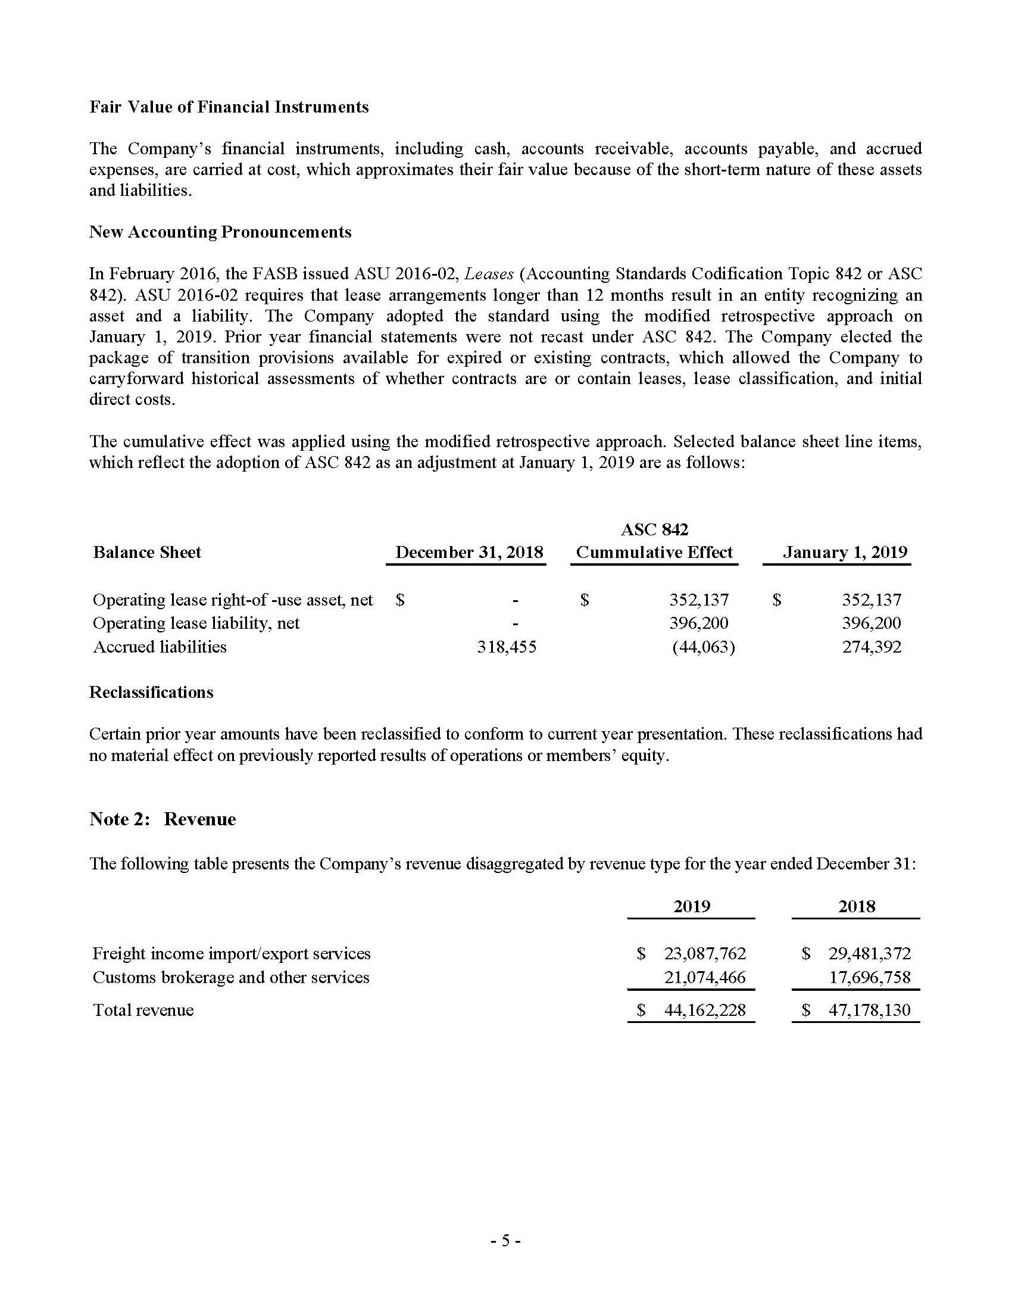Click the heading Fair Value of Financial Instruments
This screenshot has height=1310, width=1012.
tap(229, 107)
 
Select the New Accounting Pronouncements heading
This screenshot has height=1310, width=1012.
tap(220, 232)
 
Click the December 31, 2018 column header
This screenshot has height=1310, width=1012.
tap(469, 553)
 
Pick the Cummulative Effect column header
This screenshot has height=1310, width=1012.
tap(654, 553)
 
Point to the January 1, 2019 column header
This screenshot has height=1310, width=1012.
tap(845, 553)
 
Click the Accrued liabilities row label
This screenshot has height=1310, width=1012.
tap(160, 647)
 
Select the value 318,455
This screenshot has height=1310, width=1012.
tap(506, 647)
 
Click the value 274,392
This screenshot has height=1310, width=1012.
tap(871, 647)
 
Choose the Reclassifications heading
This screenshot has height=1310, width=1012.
tap(151, 692)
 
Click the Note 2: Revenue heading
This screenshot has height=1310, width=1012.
tap(163, 819)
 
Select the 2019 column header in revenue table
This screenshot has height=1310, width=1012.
tap(691, 906)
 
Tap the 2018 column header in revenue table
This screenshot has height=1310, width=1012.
tap(856, 906)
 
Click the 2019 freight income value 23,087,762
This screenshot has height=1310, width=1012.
tap(704, 953)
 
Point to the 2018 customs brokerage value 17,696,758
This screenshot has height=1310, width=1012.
tap(869, 977)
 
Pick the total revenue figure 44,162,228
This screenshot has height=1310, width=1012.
tap(704, 1010)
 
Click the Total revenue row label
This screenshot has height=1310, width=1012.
tap(143, 1010)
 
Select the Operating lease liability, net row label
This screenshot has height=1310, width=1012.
tap(196, 623)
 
